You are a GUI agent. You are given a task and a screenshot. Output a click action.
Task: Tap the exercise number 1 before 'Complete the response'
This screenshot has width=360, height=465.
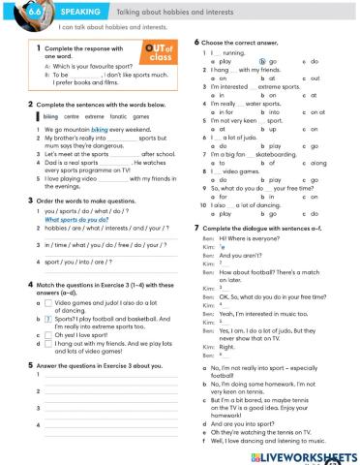(x=36, y=47)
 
